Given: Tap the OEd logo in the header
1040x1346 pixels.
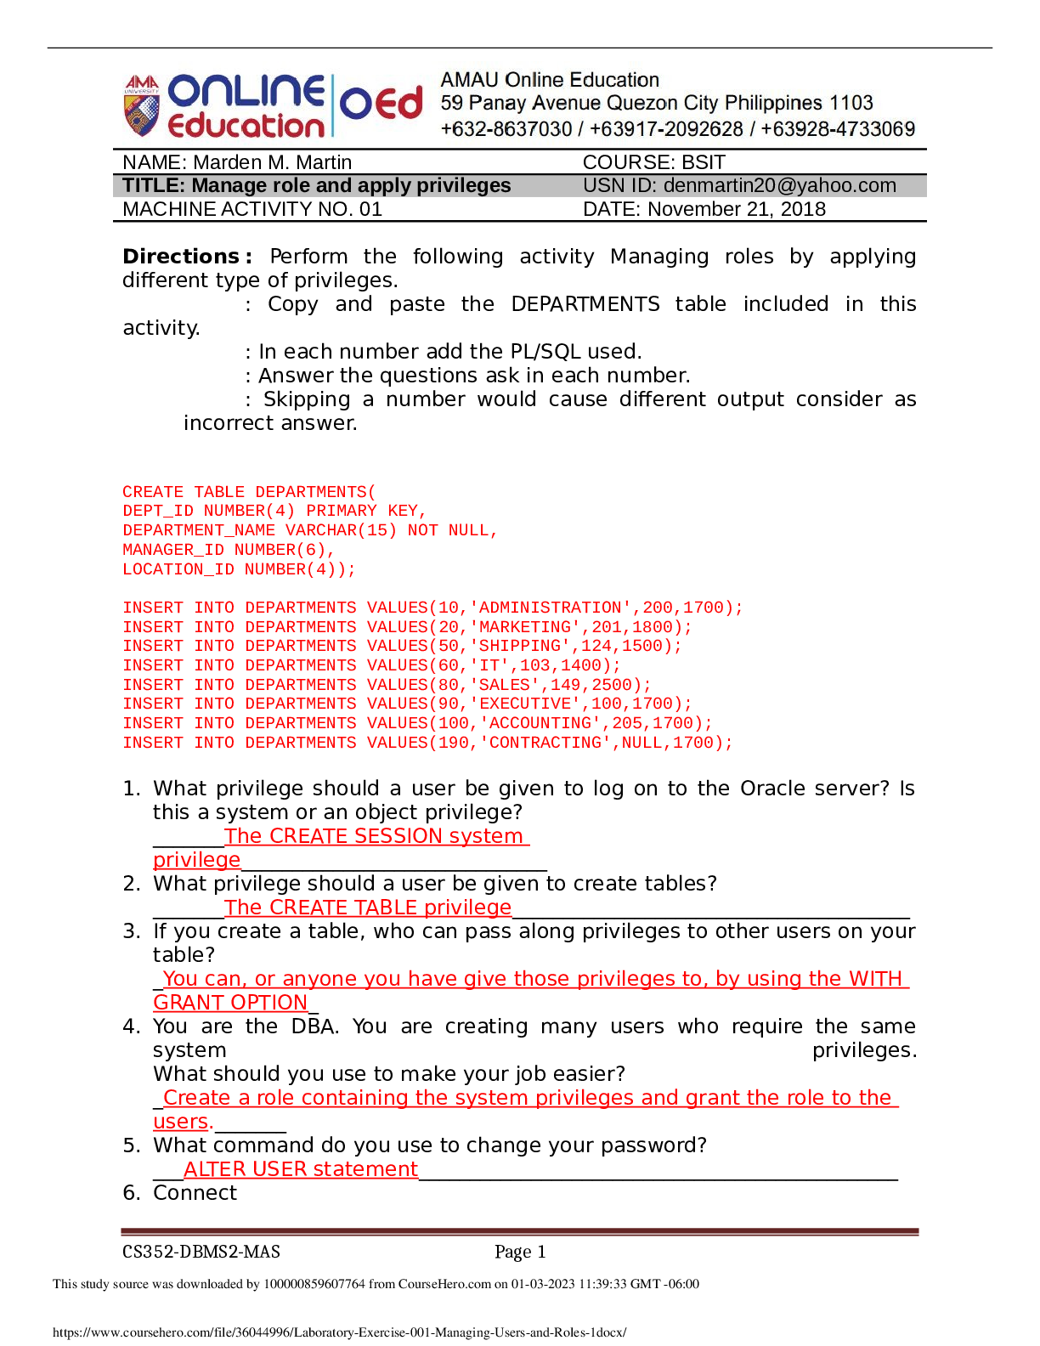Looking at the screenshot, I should (x=382, y=104).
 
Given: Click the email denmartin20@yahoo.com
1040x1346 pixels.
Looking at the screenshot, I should (x=779, y=186).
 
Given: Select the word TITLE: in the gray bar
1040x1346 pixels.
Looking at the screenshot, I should (x=154, y=186).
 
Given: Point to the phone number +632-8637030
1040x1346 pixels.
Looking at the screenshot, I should (x=506, y=129).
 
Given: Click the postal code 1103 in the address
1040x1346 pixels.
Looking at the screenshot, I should (x=851, y=104).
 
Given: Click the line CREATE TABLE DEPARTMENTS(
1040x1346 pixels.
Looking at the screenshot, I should (x=249, y=492).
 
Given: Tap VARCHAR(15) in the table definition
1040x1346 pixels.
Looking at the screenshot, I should (x=341, y=530).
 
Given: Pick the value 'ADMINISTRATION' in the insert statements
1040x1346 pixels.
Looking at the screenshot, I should (x=550, y=608).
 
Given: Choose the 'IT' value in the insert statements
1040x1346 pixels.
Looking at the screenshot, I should (x=490, y=665).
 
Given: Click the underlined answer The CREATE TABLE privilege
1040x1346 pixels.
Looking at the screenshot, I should (x=368, y=908).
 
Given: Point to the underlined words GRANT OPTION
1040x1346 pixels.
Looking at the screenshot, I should (x=230, y=1003).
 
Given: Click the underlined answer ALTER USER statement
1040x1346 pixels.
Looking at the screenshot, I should (x=301, y=1169).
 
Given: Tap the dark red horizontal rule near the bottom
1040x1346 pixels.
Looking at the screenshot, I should (x=519, y=1231).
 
